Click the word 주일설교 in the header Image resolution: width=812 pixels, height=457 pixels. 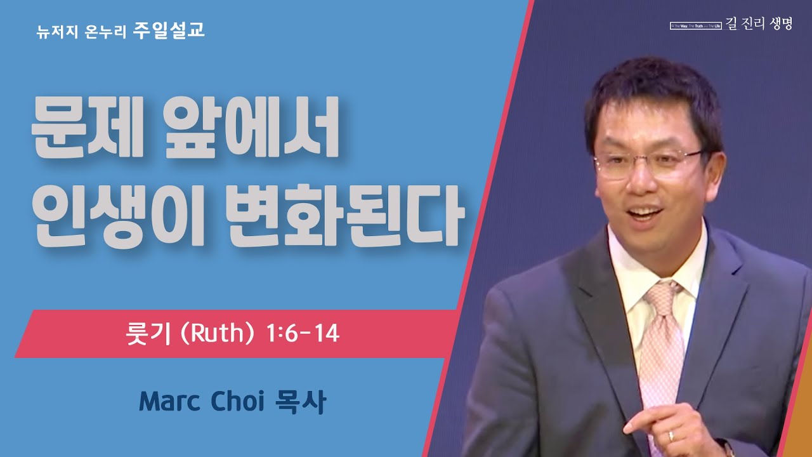(169, 30)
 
